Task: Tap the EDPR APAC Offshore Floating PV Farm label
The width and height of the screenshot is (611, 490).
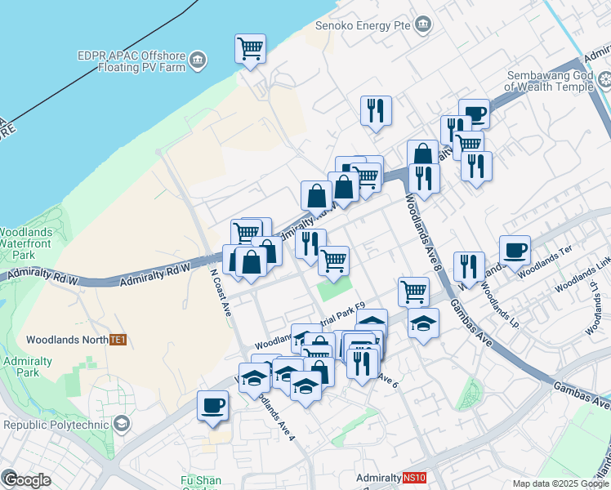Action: [x=132, y=61]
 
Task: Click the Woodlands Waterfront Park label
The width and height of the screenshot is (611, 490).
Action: [x=26, y=243]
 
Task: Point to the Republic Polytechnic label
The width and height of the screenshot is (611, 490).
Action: [x=56, y=425]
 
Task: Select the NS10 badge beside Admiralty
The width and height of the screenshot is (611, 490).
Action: [x=415, y=478]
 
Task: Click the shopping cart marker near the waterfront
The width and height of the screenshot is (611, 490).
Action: [x=250, y=47]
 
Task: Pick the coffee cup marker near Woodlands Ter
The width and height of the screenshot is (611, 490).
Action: [x=515, y=251]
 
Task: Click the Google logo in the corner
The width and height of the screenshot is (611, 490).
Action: [x=26, y=479]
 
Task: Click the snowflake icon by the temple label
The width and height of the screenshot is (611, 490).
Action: [x=604, y=80]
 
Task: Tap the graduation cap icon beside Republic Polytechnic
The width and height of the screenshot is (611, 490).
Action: [x=121, y=423]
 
